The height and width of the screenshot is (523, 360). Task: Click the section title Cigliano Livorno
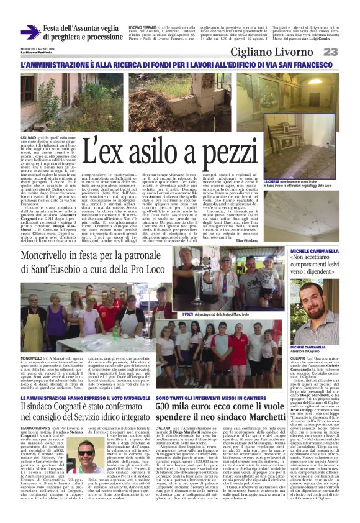click(280, 52)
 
